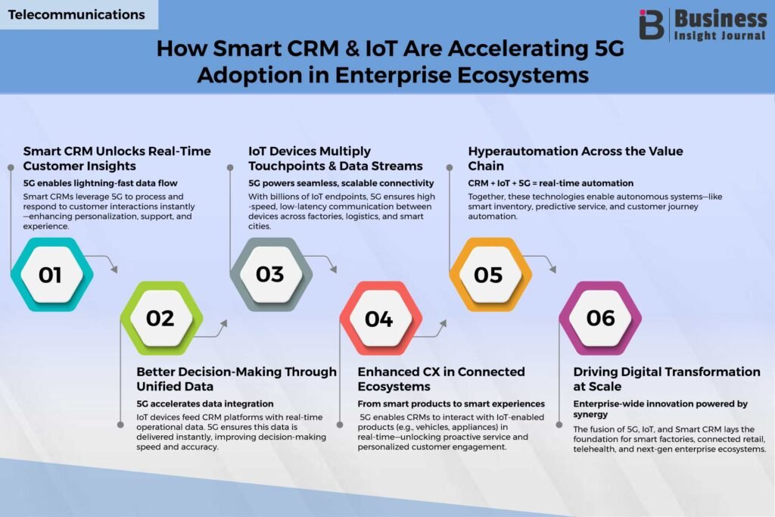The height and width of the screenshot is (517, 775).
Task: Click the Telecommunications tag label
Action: coord(76,14)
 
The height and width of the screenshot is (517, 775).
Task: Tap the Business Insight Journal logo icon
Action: coord(651,24)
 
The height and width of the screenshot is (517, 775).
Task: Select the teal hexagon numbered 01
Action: coord(52,274)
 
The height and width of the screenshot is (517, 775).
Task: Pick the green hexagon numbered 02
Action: coord(162,318)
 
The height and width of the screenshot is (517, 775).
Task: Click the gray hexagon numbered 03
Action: coord(271,274)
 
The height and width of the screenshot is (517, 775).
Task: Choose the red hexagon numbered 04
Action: coord(381,318)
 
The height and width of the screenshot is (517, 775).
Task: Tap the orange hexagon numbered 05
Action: coord(490,274)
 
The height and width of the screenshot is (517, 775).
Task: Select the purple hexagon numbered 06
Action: coord(600,318)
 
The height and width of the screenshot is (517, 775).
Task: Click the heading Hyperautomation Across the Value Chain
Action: coord(575,158)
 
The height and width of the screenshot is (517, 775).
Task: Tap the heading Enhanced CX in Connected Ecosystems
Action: coord(441,378)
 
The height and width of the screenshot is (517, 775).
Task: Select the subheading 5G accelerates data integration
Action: coord(204,403)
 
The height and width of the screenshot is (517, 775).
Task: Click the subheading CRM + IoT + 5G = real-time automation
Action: coord(551,183)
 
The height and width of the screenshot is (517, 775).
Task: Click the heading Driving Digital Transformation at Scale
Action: coord(667,378)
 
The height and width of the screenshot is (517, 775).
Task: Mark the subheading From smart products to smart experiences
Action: coord(451,403)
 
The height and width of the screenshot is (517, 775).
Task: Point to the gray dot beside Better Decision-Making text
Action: coord(120,425)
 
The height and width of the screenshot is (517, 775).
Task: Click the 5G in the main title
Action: coord(609,48)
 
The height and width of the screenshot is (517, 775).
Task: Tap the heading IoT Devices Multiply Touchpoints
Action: coord(335,158)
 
